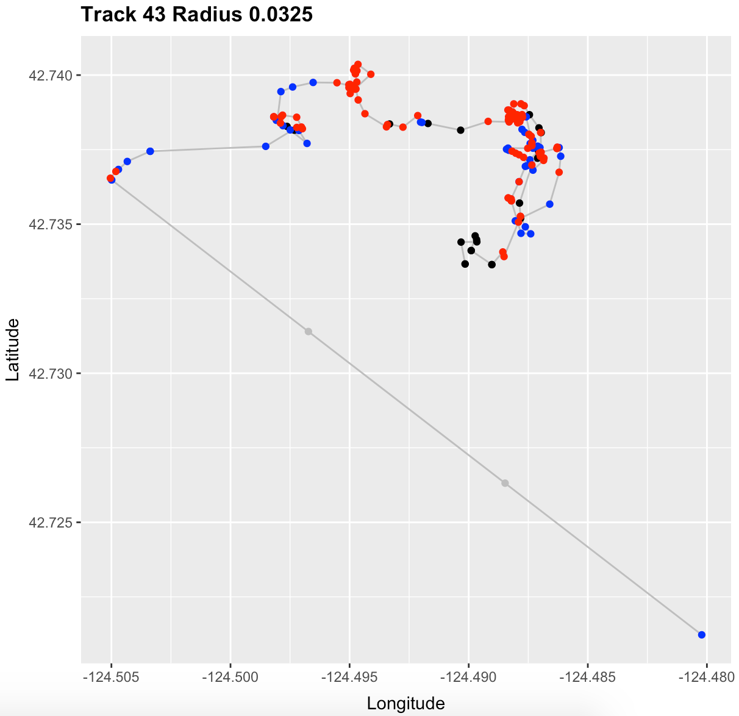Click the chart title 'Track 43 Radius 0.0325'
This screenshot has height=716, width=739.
click(x=197, y=15)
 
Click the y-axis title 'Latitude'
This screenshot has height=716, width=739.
click(x=13, y=350)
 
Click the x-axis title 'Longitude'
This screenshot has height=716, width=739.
click(x=405, y=703)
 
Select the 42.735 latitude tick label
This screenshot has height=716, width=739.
click(x=50, y=224)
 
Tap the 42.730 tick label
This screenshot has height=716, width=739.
click(x=50, y=374)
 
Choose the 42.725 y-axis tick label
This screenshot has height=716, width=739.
click(x=50, y=523)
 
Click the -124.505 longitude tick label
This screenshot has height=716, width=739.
click(x=111, y=677)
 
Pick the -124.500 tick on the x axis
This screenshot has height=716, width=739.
click(x=230, y=677)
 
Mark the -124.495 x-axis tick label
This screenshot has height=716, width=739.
click(x=349, y=677)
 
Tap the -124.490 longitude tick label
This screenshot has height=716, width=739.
click(x=469, y=677)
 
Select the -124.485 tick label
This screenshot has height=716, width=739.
click(x=587, y=677)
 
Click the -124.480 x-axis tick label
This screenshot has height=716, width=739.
click(x=706, y=677)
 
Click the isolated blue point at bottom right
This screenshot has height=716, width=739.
click(x=701, y=635)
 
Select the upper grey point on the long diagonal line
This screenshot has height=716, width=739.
click(x=309, y=332)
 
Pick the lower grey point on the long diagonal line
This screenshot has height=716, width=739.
click(x=505, y=483)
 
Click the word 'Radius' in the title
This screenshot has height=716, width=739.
click(x=207, y=15)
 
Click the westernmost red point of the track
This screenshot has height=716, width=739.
click(x=110, y=178)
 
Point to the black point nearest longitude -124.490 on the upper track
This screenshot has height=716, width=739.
click(x=460, y=131)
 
